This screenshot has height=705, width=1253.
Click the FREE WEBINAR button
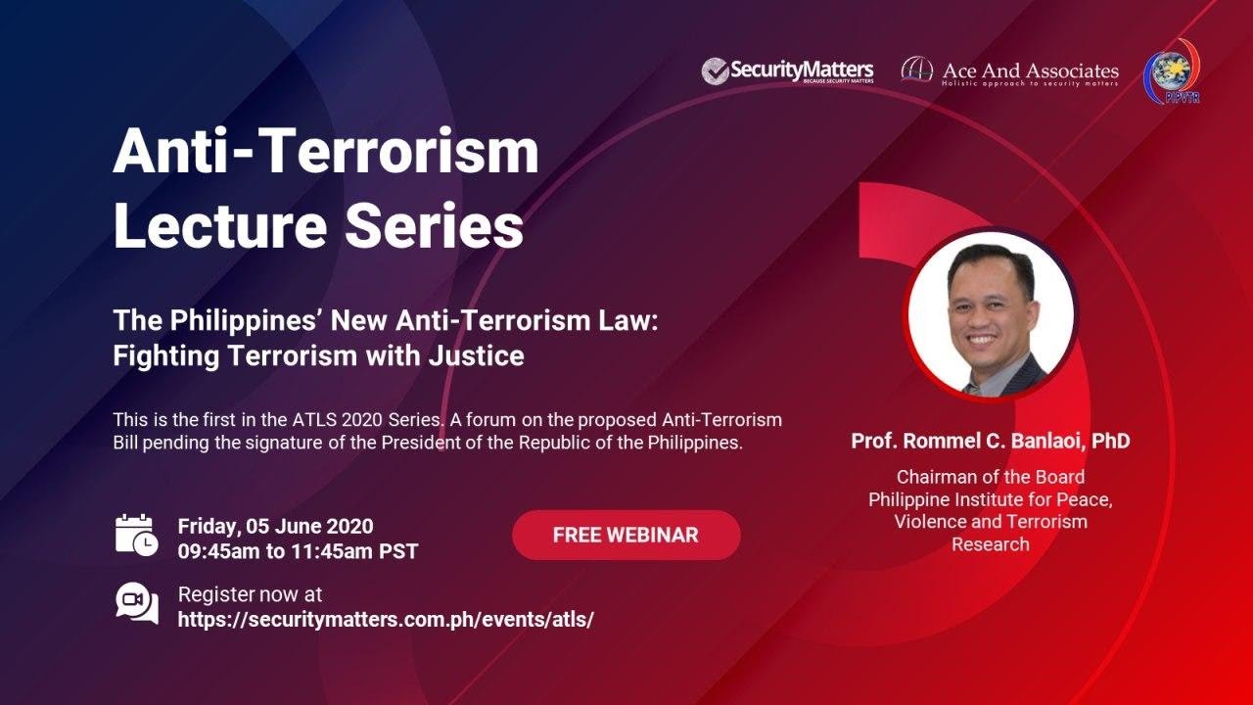[626, 536]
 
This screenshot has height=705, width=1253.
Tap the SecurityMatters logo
[787, 71]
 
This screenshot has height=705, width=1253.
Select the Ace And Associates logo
[1009, 72]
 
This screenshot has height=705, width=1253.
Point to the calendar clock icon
[136, 535]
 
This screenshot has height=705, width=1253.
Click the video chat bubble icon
[136, 603]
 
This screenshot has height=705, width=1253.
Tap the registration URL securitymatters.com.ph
[386, 619]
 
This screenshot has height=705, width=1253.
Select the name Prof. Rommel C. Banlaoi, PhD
[990, 441]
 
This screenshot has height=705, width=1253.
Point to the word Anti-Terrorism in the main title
[325, 152]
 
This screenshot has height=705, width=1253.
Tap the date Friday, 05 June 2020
[275, 527]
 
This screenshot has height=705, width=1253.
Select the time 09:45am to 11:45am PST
[298, 551]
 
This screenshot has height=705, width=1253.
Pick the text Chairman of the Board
[990, 477]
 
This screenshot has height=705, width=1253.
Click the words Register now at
[250, 594]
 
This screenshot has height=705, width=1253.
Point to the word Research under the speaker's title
[990, 544]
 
